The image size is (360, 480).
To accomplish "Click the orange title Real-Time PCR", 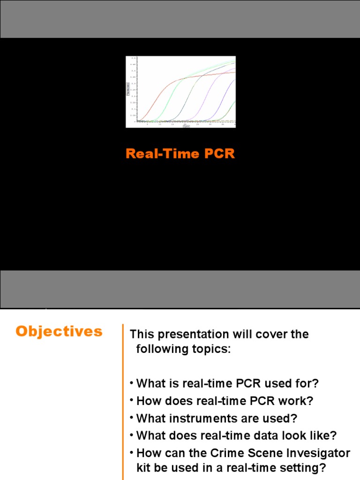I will point(180,154).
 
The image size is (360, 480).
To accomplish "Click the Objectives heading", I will point(59,331).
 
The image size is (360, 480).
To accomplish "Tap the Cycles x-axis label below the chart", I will point(186,126).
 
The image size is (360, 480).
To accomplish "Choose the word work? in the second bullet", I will point(296,401).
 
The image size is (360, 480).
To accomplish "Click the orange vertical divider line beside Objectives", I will point(123,398).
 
